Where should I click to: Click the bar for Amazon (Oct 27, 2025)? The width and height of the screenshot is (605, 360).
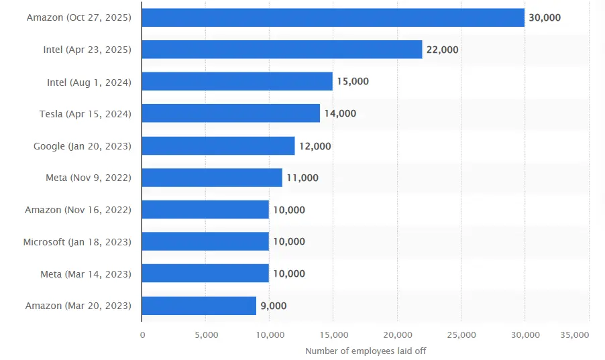tap(333, 17)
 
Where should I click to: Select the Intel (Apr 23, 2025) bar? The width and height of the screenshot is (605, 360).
tap(282, 50)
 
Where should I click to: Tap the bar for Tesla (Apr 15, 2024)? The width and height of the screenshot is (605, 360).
tap(231, 113)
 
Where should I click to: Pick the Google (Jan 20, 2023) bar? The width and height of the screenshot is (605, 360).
tap(218, 145)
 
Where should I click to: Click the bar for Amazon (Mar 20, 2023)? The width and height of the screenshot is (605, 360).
tap(199, 306)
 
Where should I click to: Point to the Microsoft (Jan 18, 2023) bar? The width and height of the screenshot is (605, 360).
tap(205, 241)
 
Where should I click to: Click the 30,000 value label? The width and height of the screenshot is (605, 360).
tap(545, 17)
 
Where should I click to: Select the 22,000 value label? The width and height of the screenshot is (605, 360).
tap(442, 50)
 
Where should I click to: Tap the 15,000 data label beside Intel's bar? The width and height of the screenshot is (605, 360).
tap(353, 82)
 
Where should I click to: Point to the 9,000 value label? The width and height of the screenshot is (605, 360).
tap(274, 306)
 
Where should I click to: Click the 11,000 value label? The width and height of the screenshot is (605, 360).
tap(302, 178)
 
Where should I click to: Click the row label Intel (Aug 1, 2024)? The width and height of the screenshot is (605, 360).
tap(89, 82)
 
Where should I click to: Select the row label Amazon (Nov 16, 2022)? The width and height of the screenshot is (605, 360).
tap(78, 210)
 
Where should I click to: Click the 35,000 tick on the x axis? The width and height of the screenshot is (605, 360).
tap(573, 335)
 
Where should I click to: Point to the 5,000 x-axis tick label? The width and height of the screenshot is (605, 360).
tap(205, 335)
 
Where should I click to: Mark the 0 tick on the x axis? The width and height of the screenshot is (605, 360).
tap(142, 335)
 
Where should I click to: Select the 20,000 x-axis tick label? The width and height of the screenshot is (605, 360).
tap(397, 335)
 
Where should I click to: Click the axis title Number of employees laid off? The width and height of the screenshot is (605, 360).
tap(366, 351)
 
